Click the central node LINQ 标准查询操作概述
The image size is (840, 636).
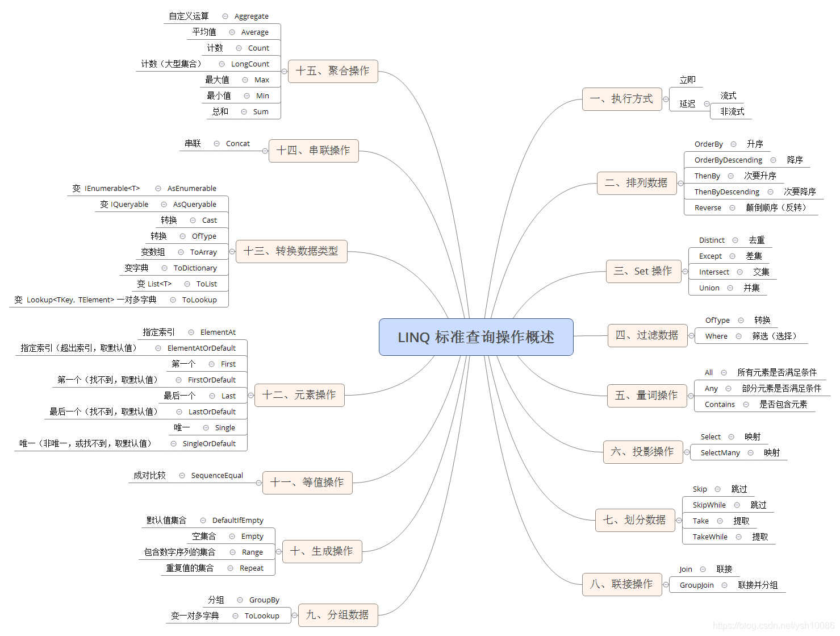[476, 337]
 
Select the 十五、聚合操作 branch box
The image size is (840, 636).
[333, 71]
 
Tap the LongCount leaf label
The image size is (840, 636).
[250, 64]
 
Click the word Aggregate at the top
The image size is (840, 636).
[251, 16]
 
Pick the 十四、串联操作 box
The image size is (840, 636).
[314, 151]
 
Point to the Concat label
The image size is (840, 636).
[237, 144]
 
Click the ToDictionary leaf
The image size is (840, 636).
[195, 268]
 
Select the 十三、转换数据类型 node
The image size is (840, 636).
[291, 251]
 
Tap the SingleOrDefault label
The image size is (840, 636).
[209, 444]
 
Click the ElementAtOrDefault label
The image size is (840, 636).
[201, 348]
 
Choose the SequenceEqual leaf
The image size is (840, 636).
[217, 476]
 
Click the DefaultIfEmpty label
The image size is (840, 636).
[237, 521]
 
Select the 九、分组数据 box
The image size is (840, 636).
[338, 615]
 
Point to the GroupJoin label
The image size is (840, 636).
[696, 585]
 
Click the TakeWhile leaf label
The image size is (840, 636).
[709, 537]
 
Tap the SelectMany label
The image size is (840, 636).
[720, 453]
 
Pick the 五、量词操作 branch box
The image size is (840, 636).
[647, 396]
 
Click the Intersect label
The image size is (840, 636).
[713, 272]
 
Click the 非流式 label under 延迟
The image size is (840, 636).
[732, 112]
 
